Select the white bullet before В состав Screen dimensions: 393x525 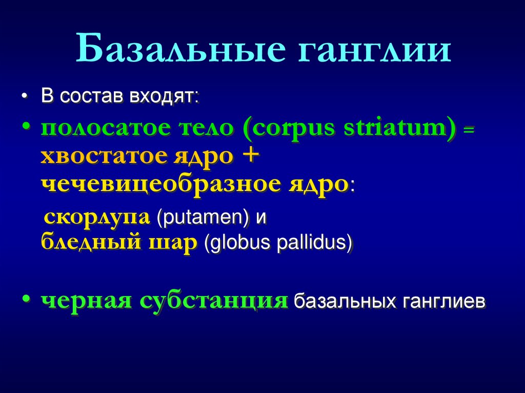(26, 97)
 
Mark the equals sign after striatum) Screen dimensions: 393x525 (469, 132)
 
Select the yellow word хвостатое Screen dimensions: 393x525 (103, 156)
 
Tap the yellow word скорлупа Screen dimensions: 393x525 (97, 217)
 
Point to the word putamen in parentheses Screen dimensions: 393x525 (203, 218)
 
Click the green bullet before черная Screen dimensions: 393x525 (26, 301)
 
